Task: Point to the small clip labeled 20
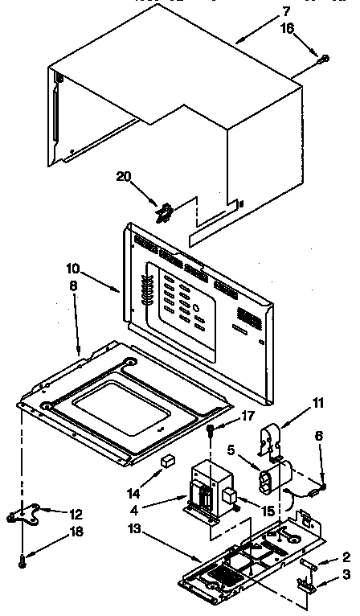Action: tap(165, 213)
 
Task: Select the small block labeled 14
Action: tap(169, 462)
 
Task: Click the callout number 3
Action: tap(346, 573)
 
